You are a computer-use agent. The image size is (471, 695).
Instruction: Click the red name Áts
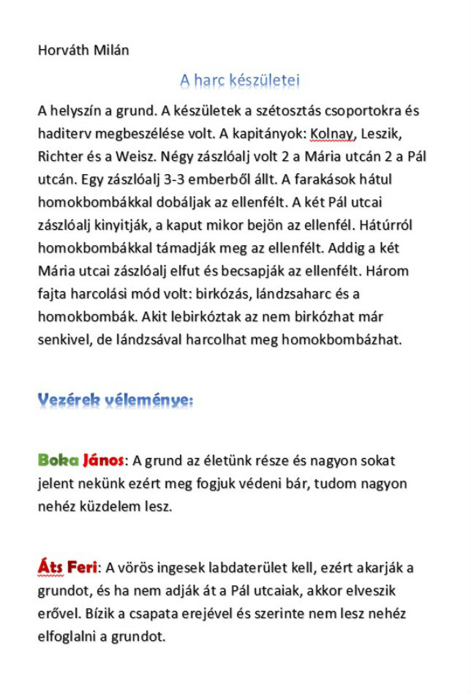point(49,568)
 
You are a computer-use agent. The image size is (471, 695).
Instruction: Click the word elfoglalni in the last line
point(70,636)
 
